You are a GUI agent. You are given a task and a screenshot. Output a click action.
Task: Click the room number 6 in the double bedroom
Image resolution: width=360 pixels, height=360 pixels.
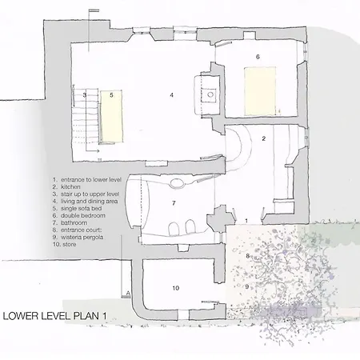[258, 57]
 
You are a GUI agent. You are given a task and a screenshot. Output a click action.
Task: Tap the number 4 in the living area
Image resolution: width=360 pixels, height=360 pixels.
[172, 95]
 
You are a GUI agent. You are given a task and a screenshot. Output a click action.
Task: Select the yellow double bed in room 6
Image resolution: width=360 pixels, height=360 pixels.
[260, 91]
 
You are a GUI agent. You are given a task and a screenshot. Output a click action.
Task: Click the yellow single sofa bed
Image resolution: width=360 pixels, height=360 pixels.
[112, 116]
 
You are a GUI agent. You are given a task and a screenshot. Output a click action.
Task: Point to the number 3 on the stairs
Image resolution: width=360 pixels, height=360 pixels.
[85, 94]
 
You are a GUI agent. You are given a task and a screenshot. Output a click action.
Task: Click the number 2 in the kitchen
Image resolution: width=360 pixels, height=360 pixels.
[264, 138]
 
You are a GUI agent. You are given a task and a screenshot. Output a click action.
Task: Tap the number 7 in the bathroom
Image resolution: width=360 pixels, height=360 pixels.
[174, 203]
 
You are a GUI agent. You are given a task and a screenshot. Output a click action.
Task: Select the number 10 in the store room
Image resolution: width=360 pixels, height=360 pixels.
[176, 288]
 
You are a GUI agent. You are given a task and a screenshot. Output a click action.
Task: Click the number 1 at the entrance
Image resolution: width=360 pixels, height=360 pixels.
[246, 221]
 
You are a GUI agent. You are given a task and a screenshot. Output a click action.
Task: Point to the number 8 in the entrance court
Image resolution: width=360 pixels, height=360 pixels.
[248, 256]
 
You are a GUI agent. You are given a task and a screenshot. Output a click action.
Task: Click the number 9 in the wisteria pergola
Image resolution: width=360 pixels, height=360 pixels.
[247, 286]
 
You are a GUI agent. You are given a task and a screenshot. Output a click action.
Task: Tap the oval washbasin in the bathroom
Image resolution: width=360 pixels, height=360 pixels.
[176, 183]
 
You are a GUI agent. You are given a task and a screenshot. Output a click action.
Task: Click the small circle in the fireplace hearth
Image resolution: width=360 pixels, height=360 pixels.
[210, 94]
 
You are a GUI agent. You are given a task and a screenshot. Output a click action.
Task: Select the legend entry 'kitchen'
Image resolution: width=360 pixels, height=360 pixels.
[70, 187]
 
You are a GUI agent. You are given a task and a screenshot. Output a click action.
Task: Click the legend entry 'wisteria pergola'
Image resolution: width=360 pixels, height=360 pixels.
[82, 237]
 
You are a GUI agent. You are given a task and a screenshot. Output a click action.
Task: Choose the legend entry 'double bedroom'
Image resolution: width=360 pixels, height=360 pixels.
[83, 215]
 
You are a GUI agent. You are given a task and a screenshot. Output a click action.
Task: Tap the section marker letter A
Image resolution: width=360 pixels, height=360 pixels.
[128, 294]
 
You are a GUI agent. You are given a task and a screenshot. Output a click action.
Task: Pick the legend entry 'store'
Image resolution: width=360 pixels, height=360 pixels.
[70, 244]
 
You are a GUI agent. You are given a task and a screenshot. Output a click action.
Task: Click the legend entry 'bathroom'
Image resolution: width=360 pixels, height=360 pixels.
[74, 222]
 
